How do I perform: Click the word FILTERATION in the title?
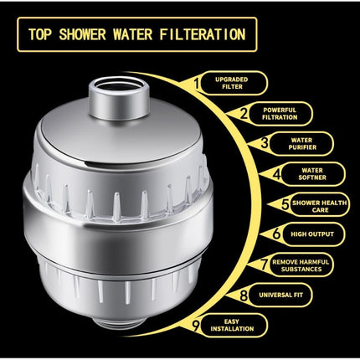202,35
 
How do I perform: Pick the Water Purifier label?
301,145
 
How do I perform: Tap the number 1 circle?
198,82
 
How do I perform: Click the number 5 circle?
285,203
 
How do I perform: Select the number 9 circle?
198,326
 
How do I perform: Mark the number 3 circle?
265,143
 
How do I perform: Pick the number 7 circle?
265,265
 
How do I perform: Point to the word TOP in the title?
42,35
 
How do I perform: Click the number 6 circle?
277,234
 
